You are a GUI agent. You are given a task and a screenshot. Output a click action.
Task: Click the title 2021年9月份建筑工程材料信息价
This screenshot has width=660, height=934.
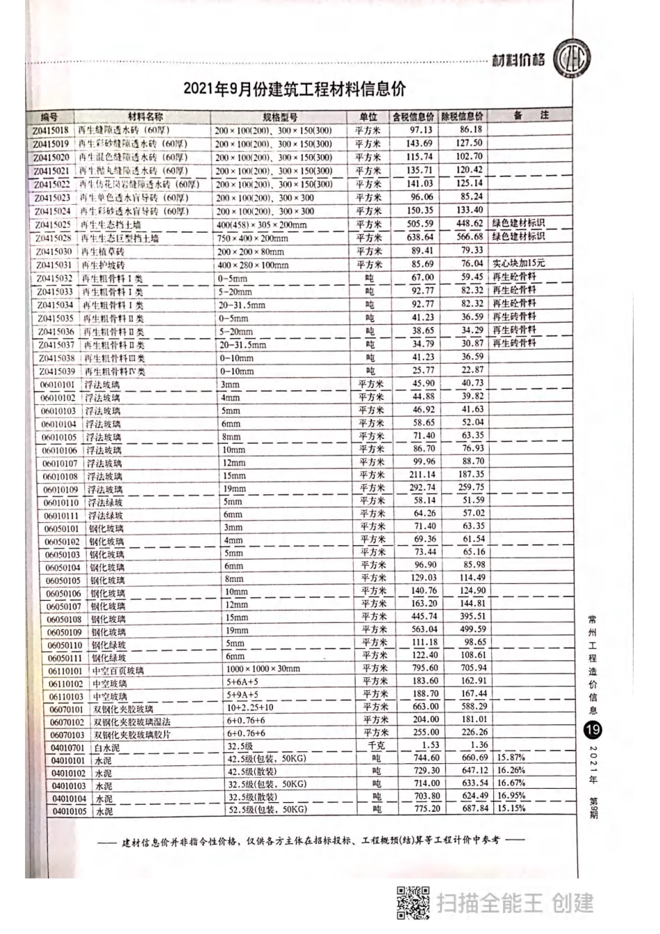click(x=295, y=90)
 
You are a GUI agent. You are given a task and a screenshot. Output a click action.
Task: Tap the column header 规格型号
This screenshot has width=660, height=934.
click(x=280, y=117)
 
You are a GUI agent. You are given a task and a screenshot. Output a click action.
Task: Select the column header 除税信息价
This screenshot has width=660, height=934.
click(x=462, y=116)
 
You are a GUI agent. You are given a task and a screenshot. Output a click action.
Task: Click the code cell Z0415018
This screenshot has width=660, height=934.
click(x=51, y=131)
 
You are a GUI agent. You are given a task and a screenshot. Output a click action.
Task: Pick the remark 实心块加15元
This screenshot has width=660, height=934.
click(x=518, y=263)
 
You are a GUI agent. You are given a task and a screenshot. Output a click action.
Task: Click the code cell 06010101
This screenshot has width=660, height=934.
click(x=58, y=385)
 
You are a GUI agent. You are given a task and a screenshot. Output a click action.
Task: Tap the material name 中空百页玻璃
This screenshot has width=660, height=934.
click(x=118, y=671)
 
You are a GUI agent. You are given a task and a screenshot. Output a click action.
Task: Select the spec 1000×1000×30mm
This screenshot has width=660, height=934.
click(x=263, y=669)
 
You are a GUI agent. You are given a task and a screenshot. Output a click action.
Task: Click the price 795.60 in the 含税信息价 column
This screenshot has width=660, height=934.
click(x=424, y=668)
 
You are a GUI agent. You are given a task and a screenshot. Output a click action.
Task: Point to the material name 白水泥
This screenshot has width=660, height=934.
click(x=106, y=748)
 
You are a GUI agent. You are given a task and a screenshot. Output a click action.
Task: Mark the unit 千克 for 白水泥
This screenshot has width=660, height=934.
click(x=376, y=746)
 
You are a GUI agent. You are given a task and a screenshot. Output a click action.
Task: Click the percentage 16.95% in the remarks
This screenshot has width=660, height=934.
click(x=511, y=796)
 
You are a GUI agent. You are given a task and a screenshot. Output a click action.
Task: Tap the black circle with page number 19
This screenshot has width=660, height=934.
click(x=593, y=731)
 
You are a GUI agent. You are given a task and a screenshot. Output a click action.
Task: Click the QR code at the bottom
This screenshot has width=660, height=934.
click(x=413, y=903)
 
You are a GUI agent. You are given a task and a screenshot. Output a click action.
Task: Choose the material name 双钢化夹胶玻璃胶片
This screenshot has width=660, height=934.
click(x=132, y=735)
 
